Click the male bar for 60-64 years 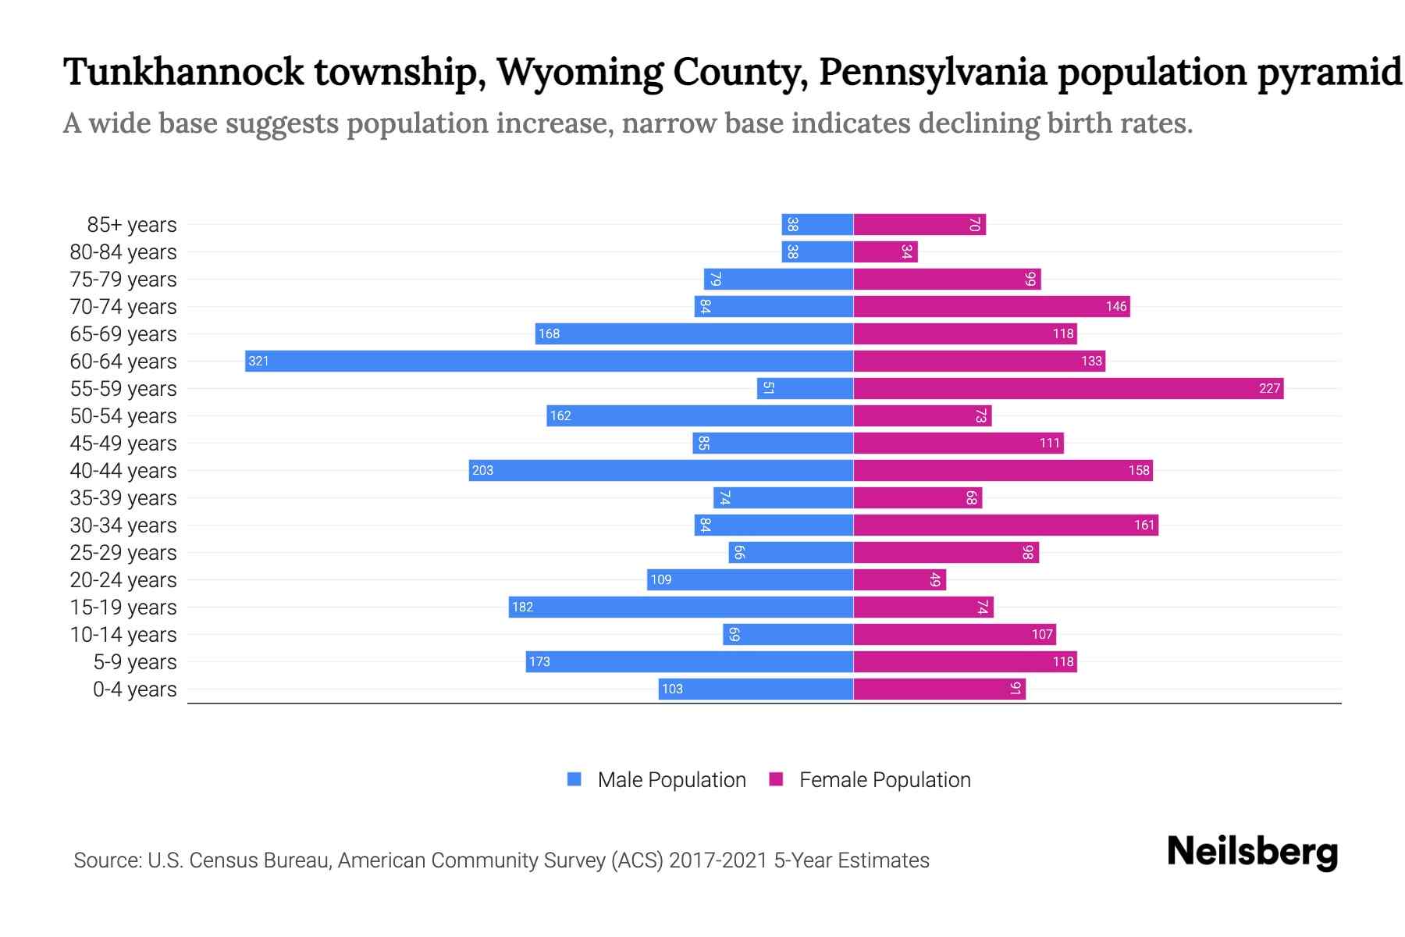click(549, 361)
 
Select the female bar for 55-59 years click(1068, 388)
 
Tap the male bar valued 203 click(660, 470)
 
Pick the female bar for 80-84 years click(885, 251)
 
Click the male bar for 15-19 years click(681, 607)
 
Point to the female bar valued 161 click(1005, 525)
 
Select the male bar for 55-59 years click(805, 388)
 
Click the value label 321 click(258, 361)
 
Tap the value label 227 click(1269, 388)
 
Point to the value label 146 click(1116, 306)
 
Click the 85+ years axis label click(132, 225)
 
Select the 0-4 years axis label click(134, 689)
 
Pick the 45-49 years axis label click(123, 444)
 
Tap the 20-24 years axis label click(123, 580)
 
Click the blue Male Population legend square click(574, 779)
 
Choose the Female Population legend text click(884, 779)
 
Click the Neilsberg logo click(1252, 852)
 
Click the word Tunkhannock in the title click(183, 72)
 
